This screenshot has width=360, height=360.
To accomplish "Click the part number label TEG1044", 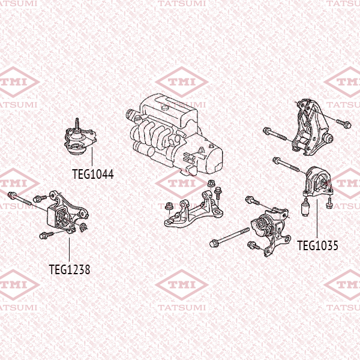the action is (93, 174).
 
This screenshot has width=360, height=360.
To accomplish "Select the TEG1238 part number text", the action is (70, 269).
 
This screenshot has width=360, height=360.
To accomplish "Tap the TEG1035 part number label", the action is (317, 245).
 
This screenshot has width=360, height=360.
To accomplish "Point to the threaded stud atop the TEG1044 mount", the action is (77, 124).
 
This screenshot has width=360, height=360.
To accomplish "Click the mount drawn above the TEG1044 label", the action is (80, 140).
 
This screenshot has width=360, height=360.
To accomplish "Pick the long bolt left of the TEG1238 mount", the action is (20, 199).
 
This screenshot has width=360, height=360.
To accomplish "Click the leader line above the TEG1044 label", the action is (92, 157).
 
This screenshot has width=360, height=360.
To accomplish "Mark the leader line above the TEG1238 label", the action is (70, 250).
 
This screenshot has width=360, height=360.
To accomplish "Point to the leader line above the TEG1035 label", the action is (317, 219).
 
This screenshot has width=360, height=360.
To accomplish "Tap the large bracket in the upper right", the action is (313, 127).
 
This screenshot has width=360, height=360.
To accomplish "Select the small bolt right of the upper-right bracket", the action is (343, 124).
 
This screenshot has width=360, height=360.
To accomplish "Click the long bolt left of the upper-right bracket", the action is (275, 134).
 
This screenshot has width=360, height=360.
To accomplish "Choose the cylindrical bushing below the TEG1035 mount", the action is (305, 207).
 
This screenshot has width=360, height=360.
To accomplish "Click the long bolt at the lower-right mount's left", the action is (229, 237).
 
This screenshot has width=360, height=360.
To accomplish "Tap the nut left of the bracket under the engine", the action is (169, 206).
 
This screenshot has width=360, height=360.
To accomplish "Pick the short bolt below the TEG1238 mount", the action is (46, 235).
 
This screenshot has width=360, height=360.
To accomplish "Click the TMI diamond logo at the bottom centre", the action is (182, 285).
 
